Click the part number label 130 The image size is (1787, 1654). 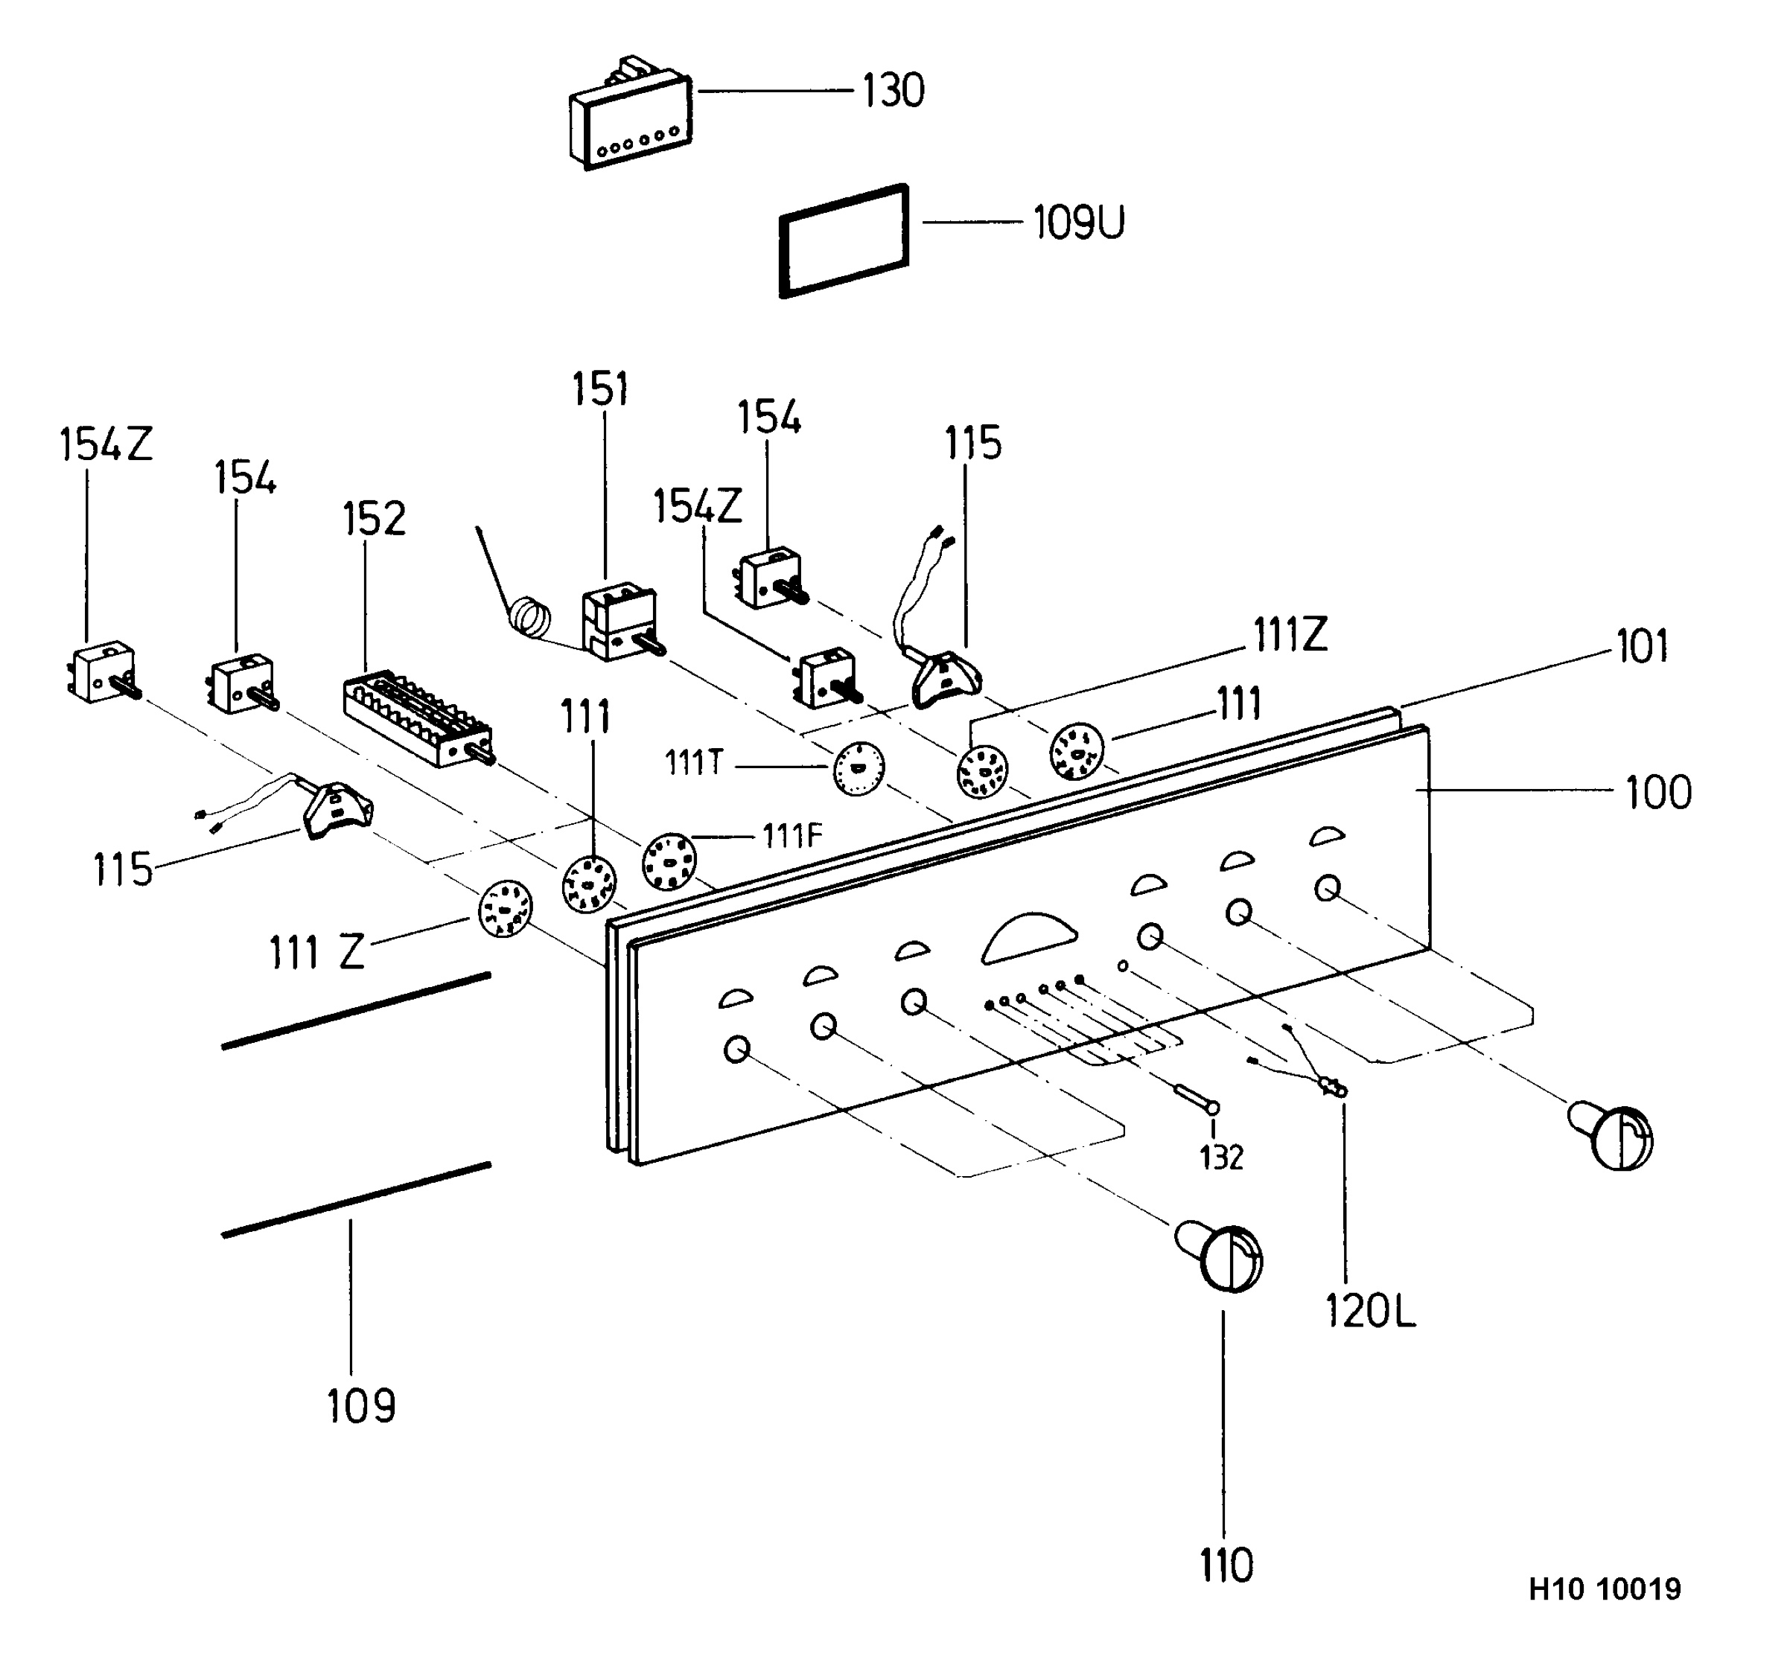click(x=893, y=92)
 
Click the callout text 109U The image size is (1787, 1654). click(x=1079, y=223)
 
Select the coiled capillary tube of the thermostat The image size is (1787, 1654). click(x=530, y=618)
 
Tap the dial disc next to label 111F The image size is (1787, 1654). click(x=669, y=861)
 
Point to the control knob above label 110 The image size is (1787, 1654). click(x=1222, y=1257)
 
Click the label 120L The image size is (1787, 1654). click(x=1370, y=1312)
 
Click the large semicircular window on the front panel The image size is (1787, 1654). click(x=1030, y=938)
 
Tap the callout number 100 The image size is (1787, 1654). click(x=1658, y=793)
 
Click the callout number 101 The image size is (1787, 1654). click(x=1643, y=647)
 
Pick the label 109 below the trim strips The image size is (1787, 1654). click(x=361, y=1406)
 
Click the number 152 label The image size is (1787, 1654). click(x=375, y=519)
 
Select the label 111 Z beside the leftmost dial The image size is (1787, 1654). click(x=317, y=952)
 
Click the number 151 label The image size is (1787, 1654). click(x=601, y=389)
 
